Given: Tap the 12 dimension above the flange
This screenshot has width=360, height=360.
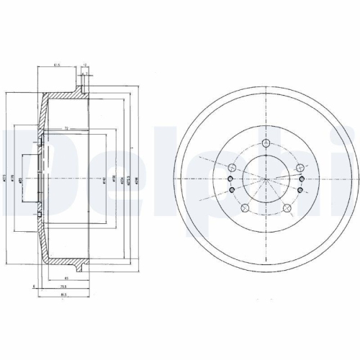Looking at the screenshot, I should coord(85,65).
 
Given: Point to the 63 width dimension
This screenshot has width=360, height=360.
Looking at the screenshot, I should coord(66,276).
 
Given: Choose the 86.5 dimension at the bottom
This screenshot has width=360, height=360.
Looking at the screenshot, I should coord(63,293).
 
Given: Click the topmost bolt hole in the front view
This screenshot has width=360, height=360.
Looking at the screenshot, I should coord(266,145).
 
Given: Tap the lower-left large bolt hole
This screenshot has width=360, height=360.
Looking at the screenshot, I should coord(245,209).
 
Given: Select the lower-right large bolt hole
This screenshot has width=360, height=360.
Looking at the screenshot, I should coord(287,209).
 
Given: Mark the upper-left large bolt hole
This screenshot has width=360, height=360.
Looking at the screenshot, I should coord(232,169).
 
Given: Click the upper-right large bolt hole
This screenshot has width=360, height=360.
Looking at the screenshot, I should coord(300,169).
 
